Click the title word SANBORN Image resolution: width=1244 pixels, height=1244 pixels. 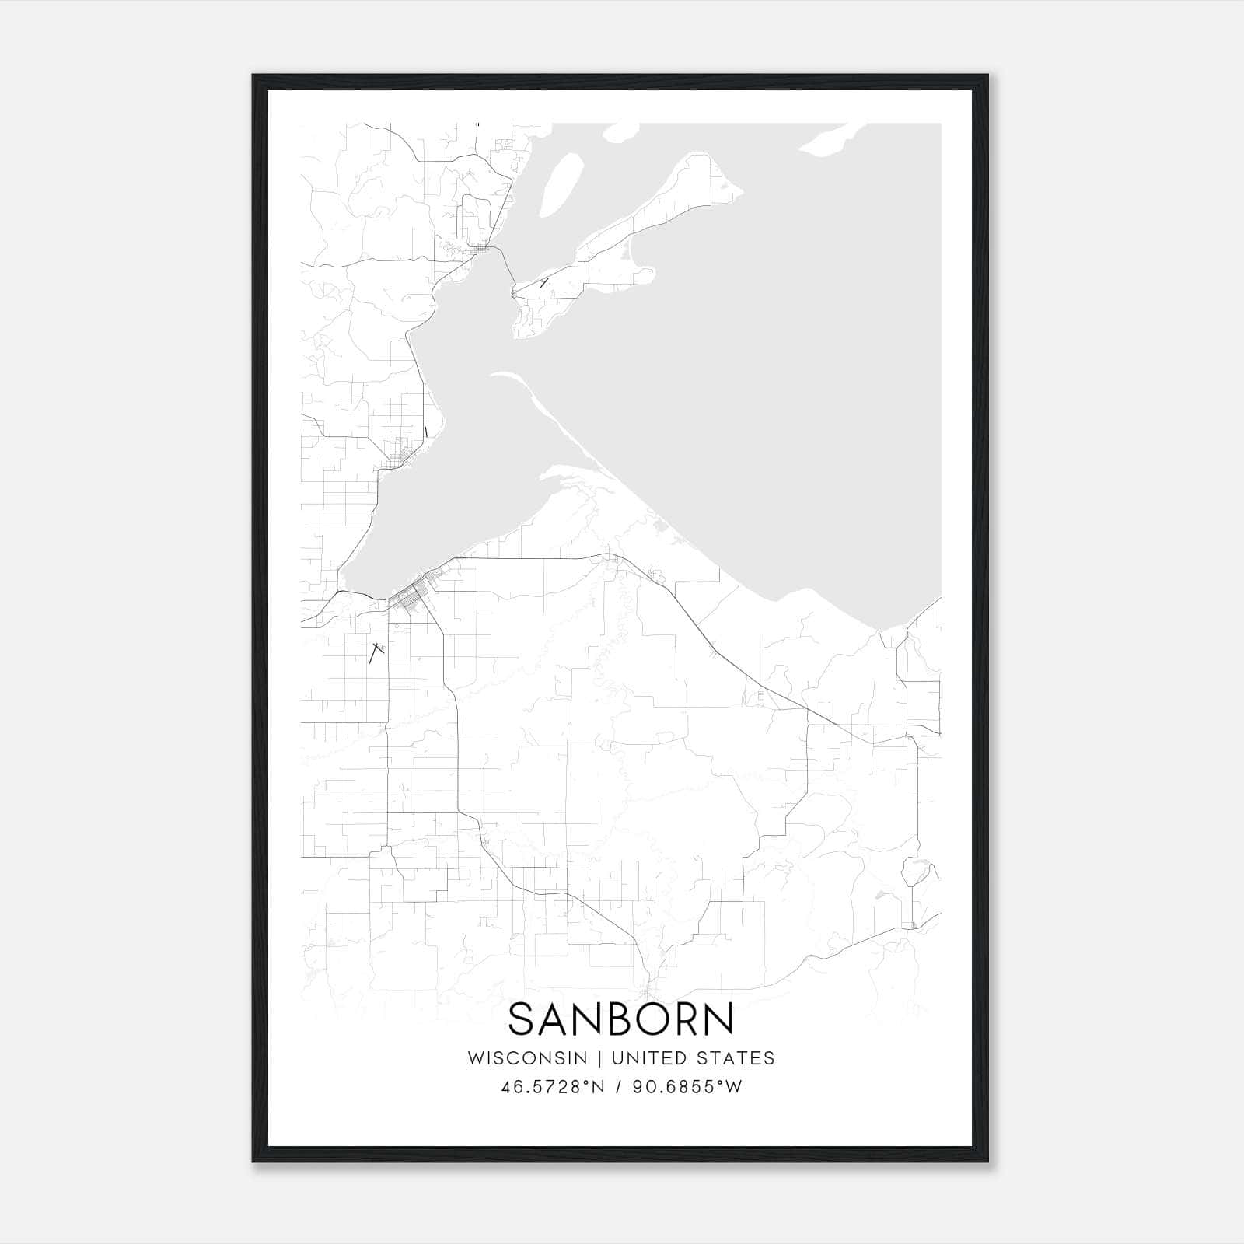coord(621,1019)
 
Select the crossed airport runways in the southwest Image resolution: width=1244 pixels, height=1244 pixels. coord(377,651)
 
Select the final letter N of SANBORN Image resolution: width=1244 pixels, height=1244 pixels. coord(719,1019)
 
